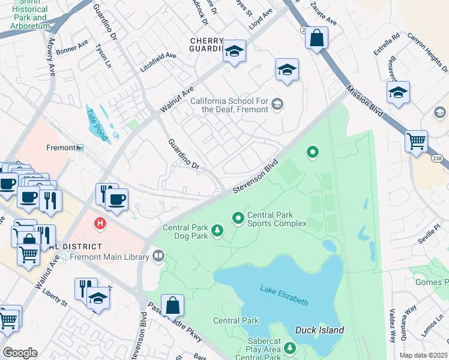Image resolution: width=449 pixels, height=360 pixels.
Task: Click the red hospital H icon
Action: [100, 223]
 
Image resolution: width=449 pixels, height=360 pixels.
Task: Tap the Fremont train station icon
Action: [79, 148]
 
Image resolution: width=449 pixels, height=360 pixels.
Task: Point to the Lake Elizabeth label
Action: [285, 295]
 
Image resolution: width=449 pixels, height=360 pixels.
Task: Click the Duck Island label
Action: [319, 330]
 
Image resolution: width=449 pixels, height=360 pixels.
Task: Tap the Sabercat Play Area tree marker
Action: [290, 347]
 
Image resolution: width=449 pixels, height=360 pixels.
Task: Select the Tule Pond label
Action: [96, 124]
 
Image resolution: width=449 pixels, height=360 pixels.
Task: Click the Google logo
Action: [20, 352]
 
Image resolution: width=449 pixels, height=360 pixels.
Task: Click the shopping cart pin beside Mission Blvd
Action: [416, 141]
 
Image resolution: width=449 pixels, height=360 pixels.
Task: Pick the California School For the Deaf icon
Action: [277, 104]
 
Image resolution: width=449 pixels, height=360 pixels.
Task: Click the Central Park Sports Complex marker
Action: [238, 218]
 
